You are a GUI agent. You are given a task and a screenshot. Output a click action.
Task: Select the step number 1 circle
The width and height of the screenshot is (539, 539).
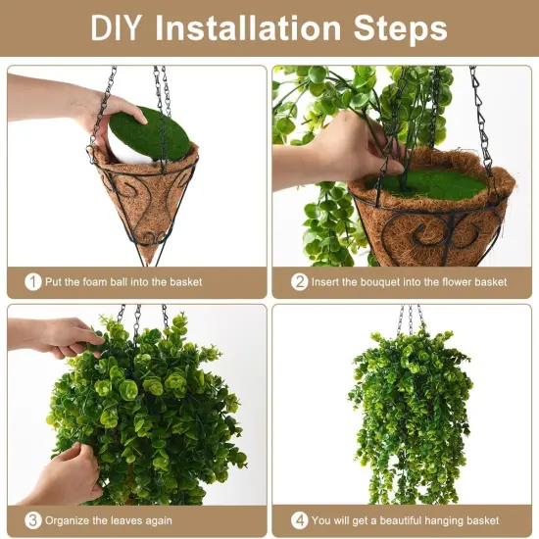coord(33,281)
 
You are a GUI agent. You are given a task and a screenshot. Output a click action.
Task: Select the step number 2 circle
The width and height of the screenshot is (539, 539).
coord(300,281)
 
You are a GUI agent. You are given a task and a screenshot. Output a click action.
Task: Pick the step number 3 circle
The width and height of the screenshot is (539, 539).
coord(33,520)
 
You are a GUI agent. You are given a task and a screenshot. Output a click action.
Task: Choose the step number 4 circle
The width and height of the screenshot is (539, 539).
coord(300,520)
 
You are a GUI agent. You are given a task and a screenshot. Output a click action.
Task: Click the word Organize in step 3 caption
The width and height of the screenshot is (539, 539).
coord(72,521)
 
